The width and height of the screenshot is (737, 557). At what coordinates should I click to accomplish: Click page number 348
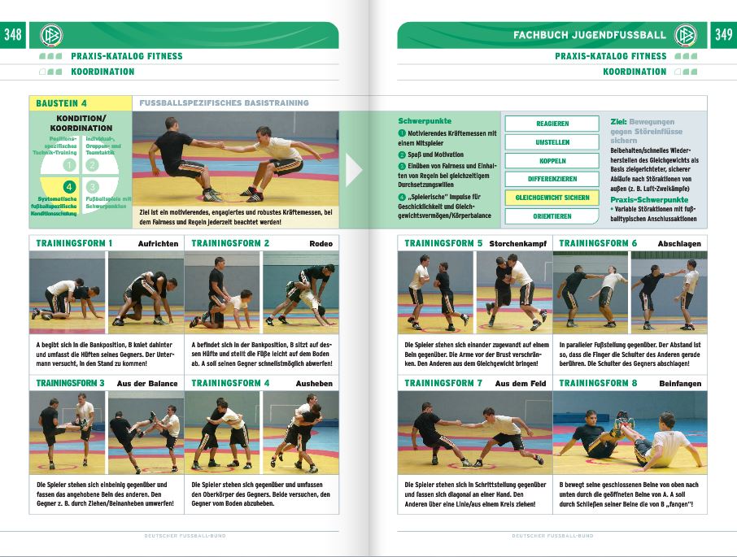point(13,35)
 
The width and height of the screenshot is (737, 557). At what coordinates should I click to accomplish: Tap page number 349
point(722,35)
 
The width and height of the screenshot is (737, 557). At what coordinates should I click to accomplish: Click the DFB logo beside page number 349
point(686,35)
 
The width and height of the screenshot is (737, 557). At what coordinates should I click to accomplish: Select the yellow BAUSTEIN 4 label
point(62,103)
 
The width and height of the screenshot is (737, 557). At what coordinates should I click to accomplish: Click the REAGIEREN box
point(552,124)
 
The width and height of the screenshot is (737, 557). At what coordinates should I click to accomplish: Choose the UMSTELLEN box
point(552,142)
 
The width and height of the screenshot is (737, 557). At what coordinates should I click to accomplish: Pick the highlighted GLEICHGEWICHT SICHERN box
point(552,198)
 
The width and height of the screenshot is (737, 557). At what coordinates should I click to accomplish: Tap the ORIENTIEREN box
point(552,216)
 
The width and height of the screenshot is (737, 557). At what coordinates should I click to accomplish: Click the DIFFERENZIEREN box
point(552,179)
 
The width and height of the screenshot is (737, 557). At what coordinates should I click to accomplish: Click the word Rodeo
point(321,244)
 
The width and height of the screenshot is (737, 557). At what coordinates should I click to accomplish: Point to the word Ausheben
point(314,383)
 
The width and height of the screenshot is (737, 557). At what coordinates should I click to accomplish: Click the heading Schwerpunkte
point(424,120)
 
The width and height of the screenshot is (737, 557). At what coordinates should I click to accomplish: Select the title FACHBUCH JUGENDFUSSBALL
point(589,35)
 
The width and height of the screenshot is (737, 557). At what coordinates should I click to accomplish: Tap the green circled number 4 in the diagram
point(69,186)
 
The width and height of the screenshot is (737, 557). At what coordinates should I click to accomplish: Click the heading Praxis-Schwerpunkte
point(648,199)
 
